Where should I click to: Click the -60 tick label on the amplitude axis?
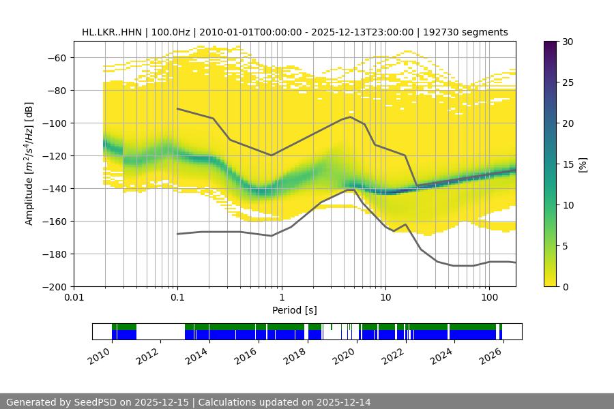[x=57, y=57]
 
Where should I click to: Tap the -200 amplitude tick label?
[x=54, y=286]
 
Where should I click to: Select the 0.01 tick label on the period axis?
[x=74, y=298]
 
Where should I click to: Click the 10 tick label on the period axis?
[x=385, y=298]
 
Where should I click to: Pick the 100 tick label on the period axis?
[x=488, y=298]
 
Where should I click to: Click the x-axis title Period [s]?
[x=294, y=310]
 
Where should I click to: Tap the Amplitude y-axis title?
[x=29, y=164]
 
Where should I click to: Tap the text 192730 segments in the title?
[x=471, y=32]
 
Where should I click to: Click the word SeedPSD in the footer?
[x=96, y=402]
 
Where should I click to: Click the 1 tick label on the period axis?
[x=281, y=298]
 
